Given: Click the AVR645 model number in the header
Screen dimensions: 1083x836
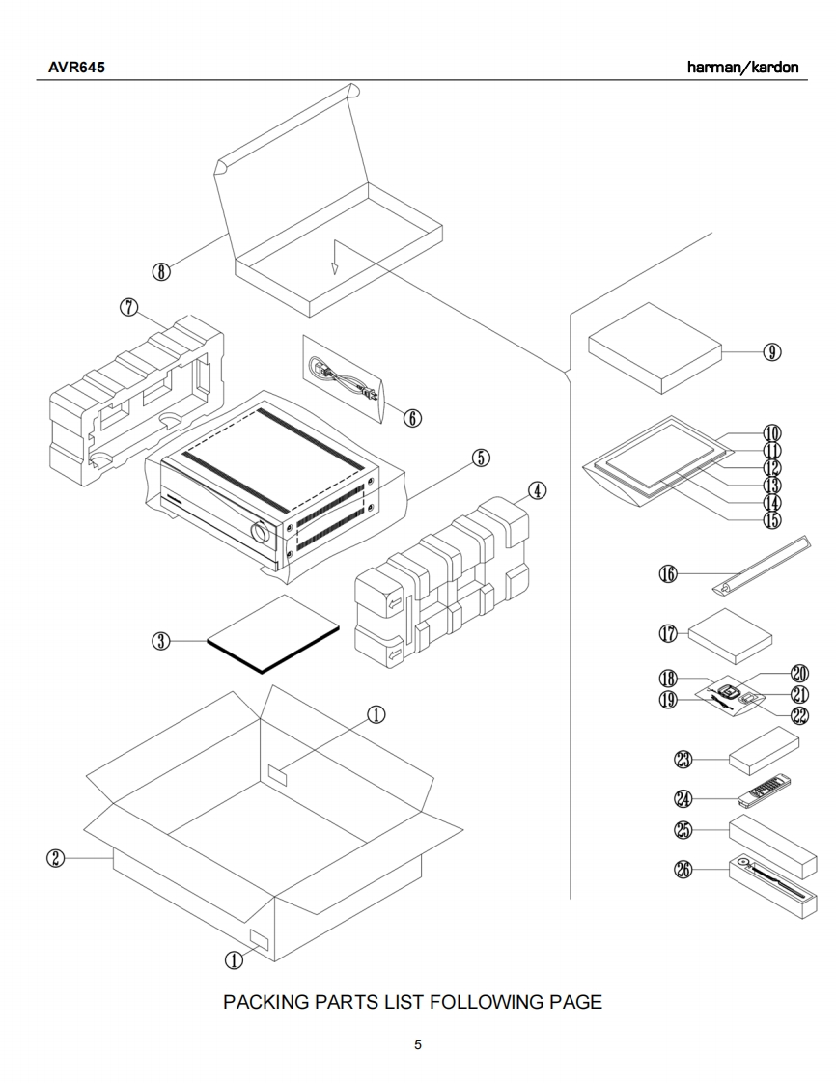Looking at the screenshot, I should [x=76, y=68].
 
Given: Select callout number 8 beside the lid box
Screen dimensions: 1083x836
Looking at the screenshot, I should [x=161, y=271].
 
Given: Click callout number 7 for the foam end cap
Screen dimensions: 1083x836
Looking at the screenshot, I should [x=129, y=306].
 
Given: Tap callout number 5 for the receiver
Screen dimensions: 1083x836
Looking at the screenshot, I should [x=481, y=458].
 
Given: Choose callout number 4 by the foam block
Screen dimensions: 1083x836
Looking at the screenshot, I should [x=537, y=490].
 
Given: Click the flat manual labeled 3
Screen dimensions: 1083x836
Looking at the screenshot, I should [x=274, y=634].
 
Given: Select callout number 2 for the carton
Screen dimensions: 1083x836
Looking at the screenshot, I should [x=57, y=858].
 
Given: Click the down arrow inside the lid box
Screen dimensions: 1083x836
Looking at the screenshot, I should [x=335, y=257].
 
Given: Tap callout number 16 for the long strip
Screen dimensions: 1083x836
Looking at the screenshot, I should [x=668, y=574].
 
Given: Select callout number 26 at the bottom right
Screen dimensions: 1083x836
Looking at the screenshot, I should [x=683, y=869].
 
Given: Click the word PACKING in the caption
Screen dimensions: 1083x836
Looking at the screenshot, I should [x=267, y=1002].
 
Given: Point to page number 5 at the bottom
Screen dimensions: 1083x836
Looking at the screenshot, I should [x=418, y=1044].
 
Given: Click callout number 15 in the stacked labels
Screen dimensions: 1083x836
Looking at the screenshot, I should [x=772, y=520].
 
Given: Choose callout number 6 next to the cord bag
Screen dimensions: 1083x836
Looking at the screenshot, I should [x=411, y=417].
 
